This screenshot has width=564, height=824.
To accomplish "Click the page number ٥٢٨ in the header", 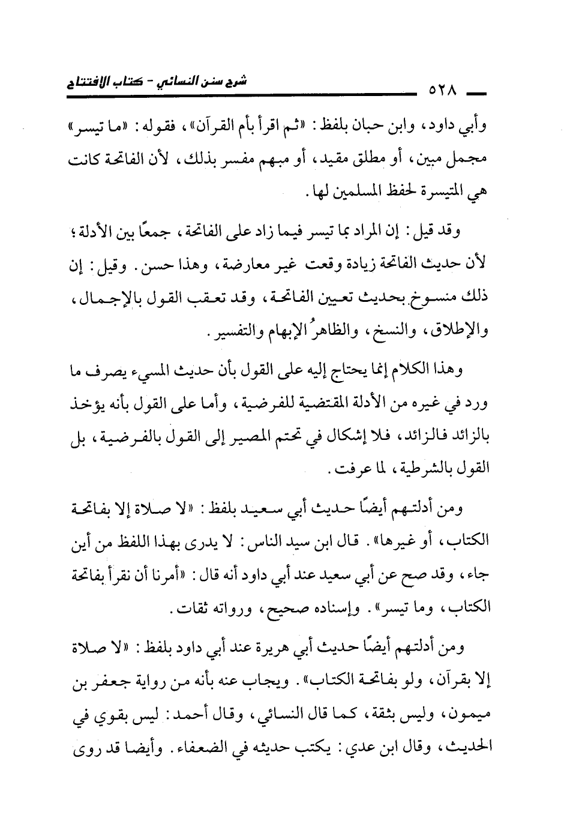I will [442, 92].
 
